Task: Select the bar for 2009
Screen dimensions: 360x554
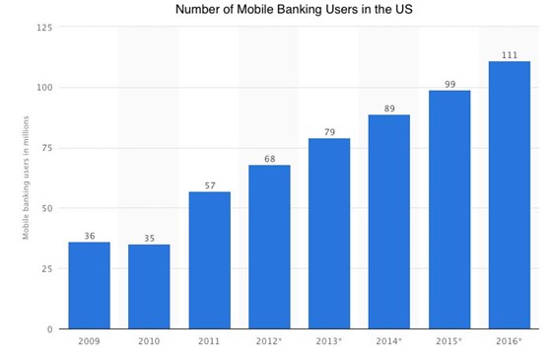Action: [x=89, y=285]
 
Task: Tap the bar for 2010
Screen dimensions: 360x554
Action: [x=149, y=286]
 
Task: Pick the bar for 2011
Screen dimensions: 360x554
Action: [x=209, y=259]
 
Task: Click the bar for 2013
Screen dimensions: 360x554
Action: [x=329, y=233]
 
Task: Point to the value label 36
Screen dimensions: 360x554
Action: [x=89, y=235]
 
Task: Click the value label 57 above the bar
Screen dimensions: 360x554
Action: [x=209, y=184]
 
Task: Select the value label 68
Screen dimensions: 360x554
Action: [x=269, y=158]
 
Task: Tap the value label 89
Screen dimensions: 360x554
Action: [x=389, y=108]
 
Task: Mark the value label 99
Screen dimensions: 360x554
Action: [x=450, y=84]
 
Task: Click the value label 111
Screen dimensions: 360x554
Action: [x=510, y=54]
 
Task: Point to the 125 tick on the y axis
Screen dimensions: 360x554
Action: [x=44, y=27]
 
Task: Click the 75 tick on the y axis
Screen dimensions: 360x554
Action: [x=46, y=148]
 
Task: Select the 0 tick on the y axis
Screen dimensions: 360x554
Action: [x=49, y=328]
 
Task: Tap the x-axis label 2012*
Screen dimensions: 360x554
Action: [x=269, y=342]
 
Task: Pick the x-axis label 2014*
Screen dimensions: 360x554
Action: [x=389, y=342]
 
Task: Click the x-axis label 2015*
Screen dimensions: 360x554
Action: [x=450, y=342]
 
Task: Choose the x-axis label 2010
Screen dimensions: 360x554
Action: [x=149, y=342]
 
